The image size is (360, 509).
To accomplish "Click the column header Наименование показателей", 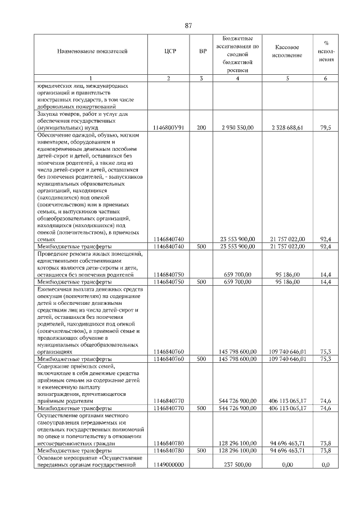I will click(92, 52).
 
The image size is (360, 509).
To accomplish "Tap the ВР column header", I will click(203, 52).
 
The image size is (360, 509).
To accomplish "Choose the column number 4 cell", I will click(237, 78).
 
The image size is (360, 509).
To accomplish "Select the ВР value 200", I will click(202, 128).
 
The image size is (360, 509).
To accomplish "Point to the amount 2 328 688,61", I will click(287, 128).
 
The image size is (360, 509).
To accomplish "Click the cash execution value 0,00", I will click(287, 465).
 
